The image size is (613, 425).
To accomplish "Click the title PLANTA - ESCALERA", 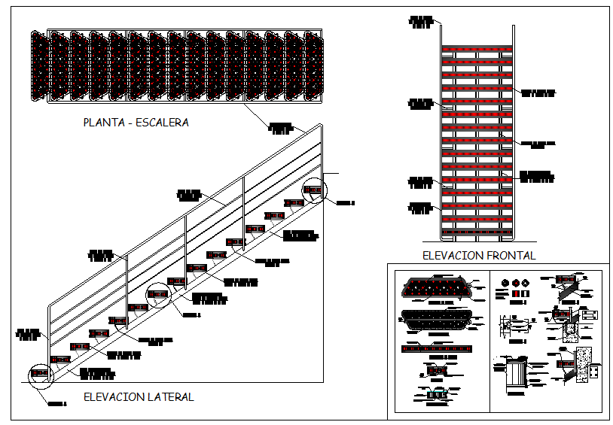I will pos(136,123).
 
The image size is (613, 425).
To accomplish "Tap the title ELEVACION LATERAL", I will pos(139,396).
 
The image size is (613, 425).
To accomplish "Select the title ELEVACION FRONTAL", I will pos(479,256).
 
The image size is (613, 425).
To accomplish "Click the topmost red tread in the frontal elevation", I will pos(477,50).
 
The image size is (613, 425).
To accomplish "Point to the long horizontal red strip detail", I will pos(438,349).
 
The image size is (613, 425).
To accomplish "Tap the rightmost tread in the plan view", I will pos(313,66).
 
